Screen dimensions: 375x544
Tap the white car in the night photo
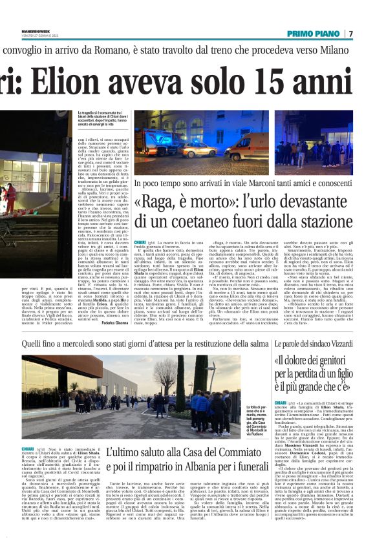pos(198,150)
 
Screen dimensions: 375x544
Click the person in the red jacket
pos(11,200)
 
